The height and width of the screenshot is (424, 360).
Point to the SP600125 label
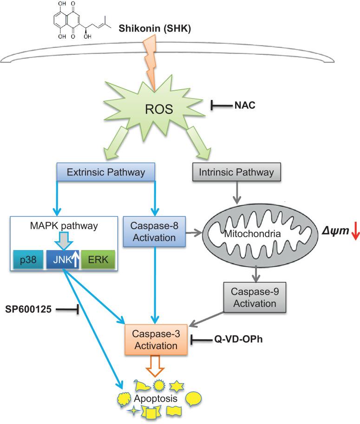pos(29,308)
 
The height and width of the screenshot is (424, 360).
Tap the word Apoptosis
pos(157,398)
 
